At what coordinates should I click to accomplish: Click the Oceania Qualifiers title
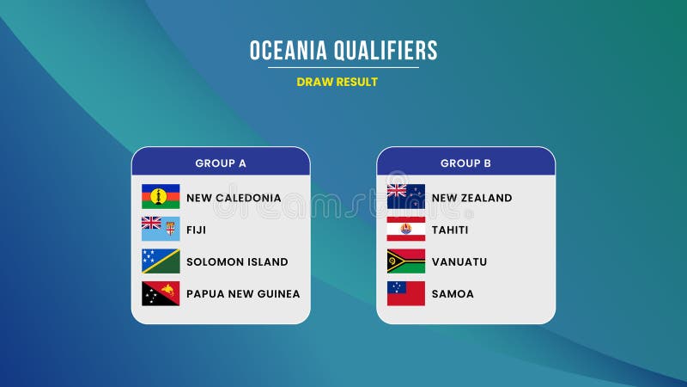point(343,51)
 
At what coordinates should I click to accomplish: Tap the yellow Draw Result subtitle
point(337,82)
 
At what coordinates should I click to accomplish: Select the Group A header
point(221,163)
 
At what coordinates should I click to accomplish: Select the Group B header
point(466,163)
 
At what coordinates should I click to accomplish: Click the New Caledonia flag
point(161,197)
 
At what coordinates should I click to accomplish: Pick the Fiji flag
point(161,229)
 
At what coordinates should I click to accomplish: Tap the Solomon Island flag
point(161,261)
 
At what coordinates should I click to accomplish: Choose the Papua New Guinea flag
point(161,293)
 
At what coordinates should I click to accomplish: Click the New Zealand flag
point(406,197)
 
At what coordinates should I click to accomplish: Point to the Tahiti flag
point(406,229)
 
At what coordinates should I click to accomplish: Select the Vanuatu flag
point(406,261)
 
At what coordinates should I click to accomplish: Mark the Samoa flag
point(406,293)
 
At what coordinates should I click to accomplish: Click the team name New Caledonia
point(234,198)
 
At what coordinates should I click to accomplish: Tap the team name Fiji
point(196,230)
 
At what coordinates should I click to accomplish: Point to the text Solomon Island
point(237,261)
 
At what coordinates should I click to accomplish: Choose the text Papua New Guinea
point(243,294)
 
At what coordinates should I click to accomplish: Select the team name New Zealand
point(471,198)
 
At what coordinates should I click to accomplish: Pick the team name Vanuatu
point(459,261)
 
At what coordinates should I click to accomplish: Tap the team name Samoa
point(453,294)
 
